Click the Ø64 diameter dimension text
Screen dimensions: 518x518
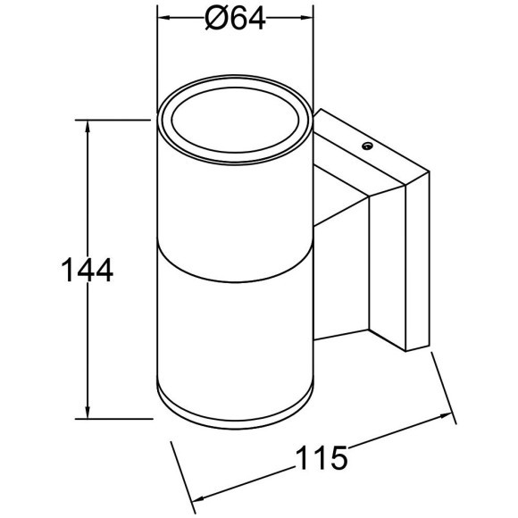click(x=235, y=19)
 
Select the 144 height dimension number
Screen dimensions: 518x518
click(x=86, y=269)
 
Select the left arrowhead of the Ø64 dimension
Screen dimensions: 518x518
click(x=164, y=19)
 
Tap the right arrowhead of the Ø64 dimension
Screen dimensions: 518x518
click(x=307, y=19)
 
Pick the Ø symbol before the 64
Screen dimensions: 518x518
click(x=214, y=19)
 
